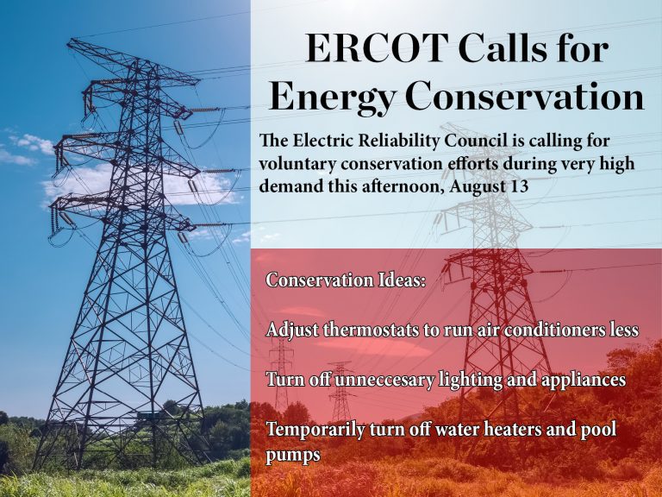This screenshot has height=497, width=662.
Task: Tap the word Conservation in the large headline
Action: [x=525, y=97]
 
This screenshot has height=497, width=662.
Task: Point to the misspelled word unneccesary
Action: [x=384, y=380]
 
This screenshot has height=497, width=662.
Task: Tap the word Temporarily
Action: [x=315, y=431]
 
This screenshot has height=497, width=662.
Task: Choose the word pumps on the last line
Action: [x=293, y=456]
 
